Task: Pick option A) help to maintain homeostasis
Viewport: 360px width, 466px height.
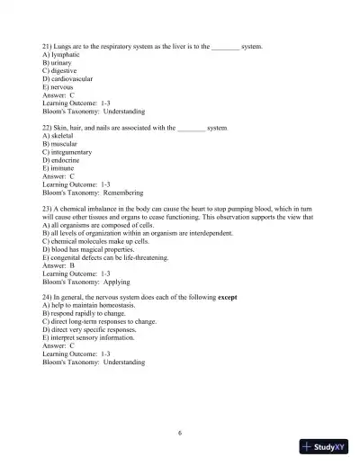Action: [94, 305]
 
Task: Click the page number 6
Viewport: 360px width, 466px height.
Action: [180, 433]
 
